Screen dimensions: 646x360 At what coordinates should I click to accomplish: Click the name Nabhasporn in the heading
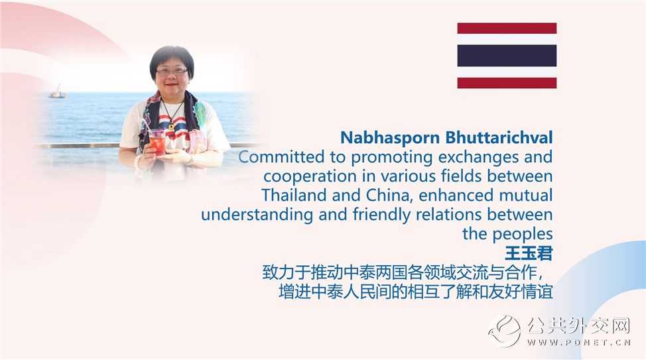tap(390, 138)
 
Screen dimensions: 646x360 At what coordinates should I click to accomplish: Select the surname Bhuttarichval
tap(499, 138)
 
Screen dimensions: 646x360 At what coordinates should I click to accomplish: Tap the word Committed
tap(281, 157)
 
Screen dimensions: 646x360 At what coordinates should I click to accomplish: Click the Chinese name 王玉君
tap(529, 254)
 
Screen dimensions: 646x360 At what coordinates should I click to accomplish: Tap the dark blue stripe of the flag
tap(507, 56)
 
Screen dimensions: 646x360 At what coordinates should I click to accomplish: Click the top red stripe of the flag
tap(507, 29)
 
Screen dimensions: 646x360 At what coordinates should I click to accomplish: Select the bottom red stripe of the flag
tap(507, 83)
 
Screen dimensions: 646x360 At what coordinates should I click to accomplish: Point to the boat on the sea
tap(57, 92)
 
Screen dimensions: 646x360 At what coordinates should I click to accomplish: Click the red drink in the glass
tap(157, 144)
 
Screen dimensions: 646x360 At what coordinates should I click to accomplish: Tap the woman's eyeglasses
tap(172, 72)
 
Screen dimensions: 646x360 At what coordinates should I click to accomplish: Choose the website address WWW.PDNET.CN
tap(578, 342)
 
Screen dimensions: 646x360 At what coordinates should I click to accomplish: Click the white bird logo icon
tap(505, 331)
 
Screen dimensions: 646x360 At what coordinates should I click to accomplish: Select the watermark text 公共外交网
tap(578, 326)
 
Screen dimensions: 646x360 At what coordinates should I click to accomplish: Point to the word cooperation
tap(310, 176)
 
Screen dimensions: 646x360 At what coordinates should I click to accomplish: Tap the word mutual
tap(526, 196)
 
